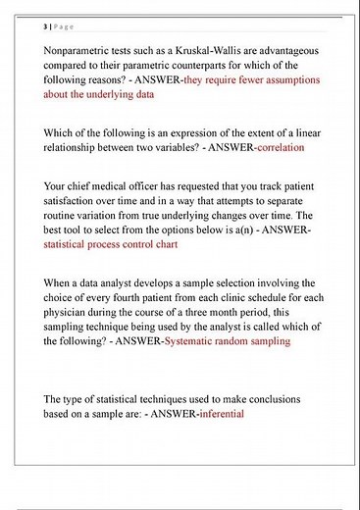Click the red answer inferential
[221, 414]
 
